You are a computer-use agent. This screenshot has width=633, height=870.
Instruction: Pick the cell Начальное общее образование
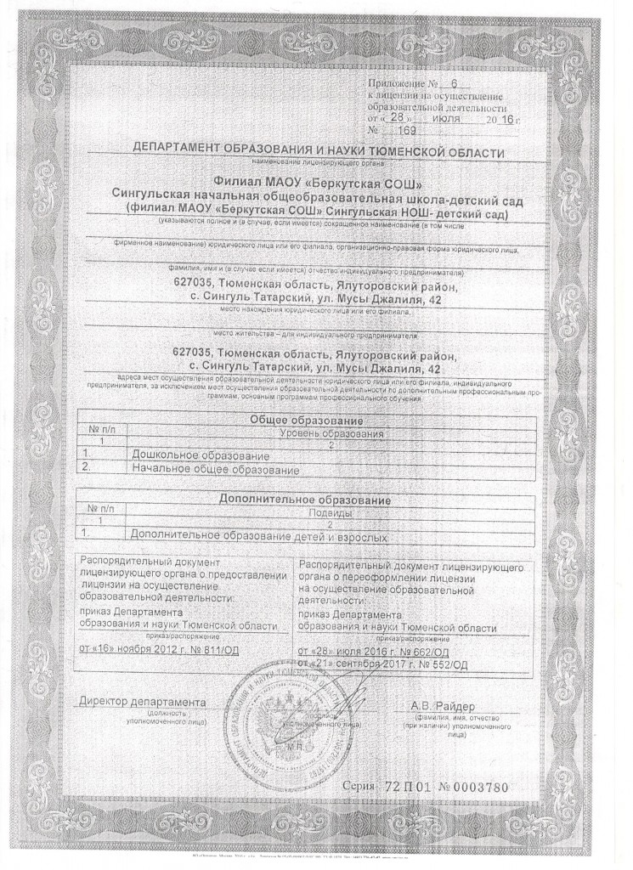click(x=218, y=469)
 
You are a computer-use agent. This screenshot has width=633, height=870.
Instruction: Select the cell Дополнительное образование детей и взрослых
click(x=255, y=537)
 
